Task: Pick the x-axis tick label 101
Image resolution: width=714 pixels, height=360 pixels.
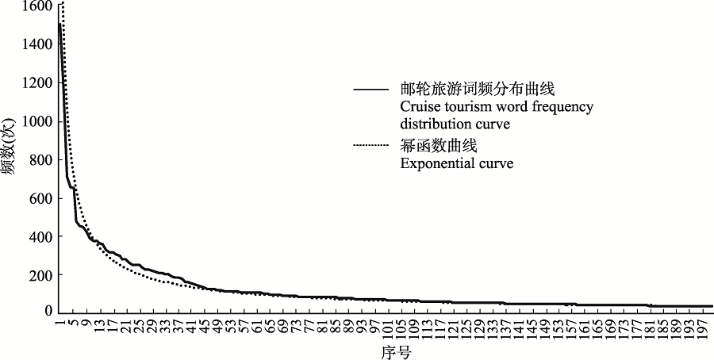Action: point(387,327)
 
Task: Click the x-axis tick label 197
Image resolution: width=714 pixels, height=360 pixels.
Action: point(701,327)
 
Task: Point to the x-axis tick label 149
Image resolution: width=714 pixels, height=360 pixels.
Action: point(544,327)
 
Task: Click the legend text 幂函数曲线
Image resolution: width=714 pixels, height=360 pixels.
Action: point(433,147)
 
